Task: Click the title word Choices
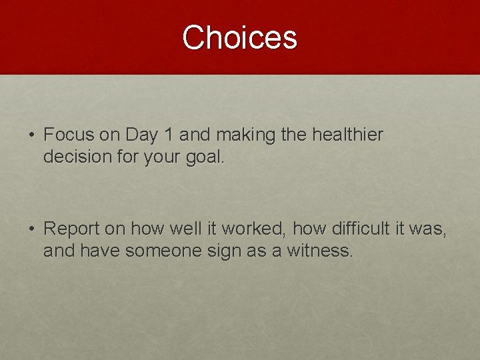[239, 37]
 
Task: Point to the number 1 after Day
[169, 135]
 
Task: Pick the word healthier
[347, 135]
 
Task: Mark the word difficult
[357, 228]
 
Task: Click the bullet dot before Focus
[33, 135]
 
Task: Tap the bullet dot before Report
[33, 229]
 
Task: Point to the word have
[101, 251]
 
